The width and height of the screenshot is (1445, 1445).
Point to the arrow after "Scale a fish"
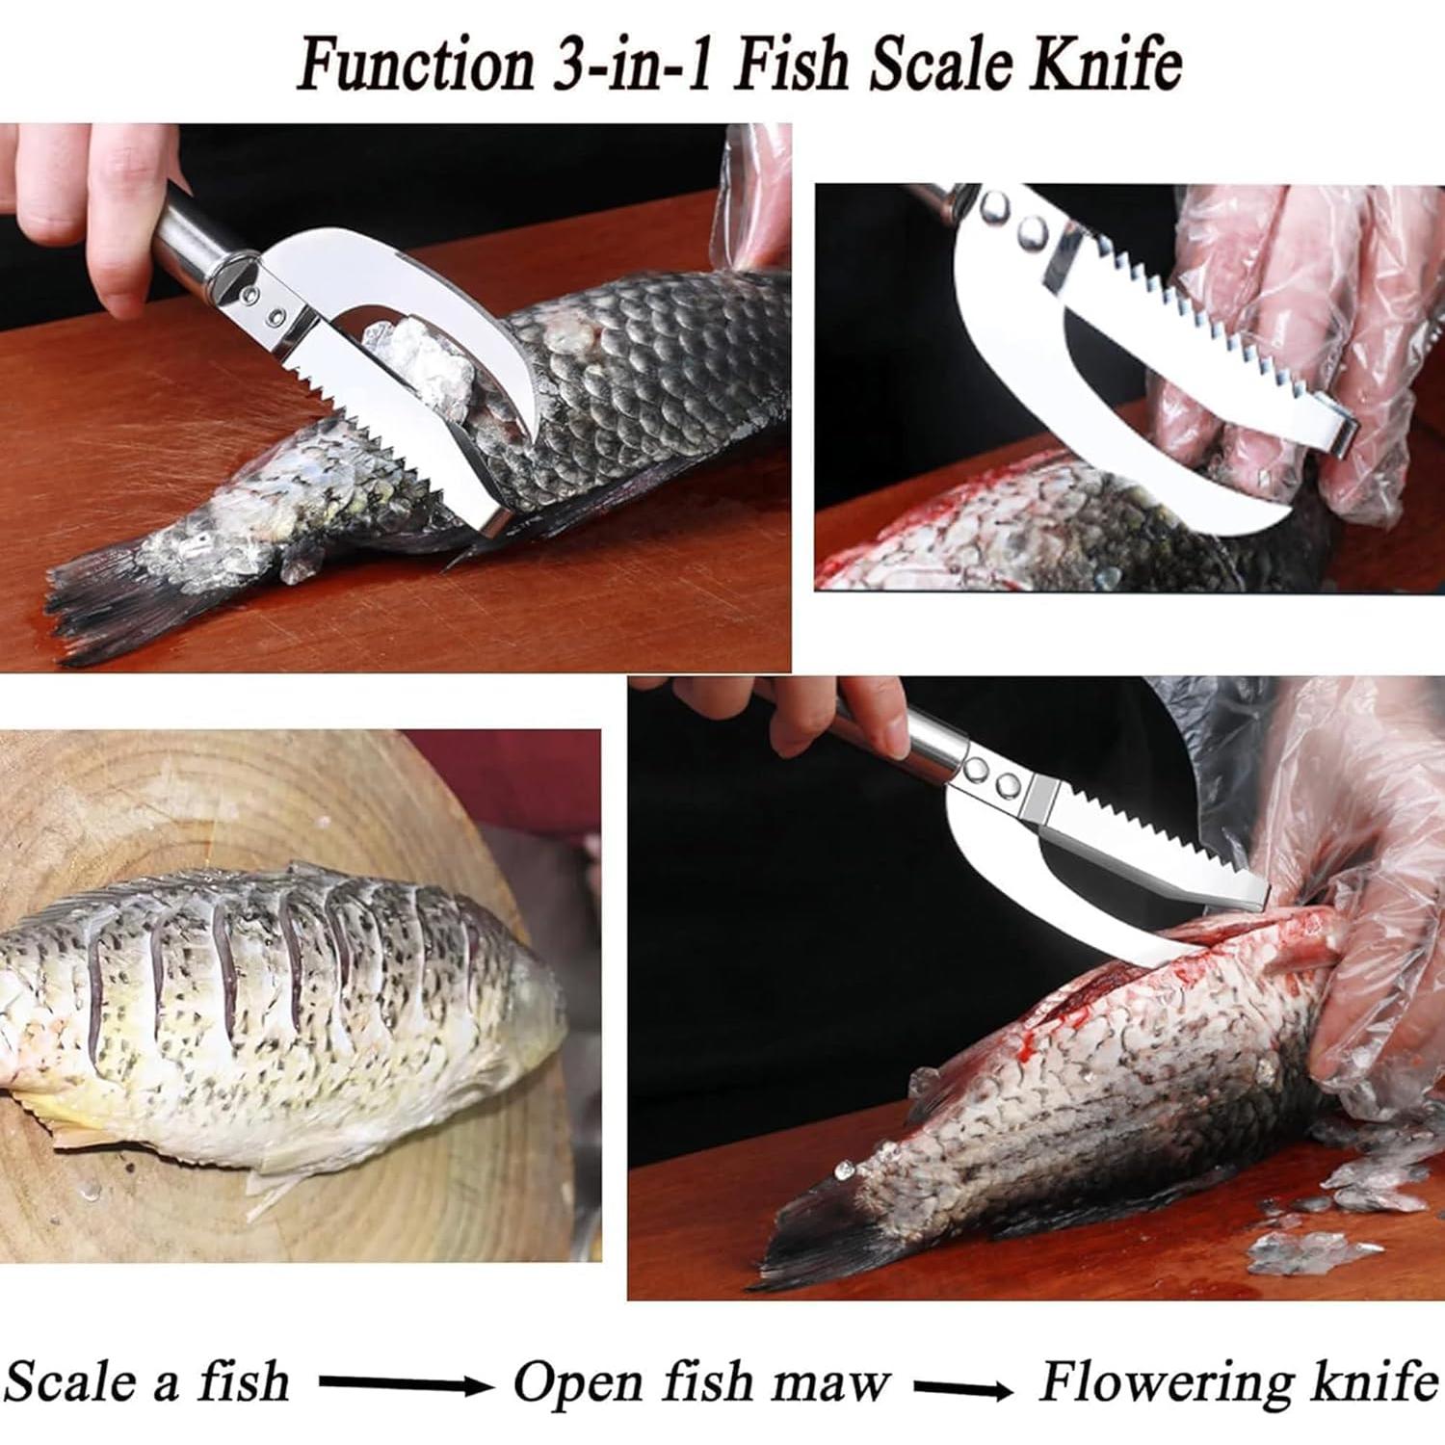coord(405,1384)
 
